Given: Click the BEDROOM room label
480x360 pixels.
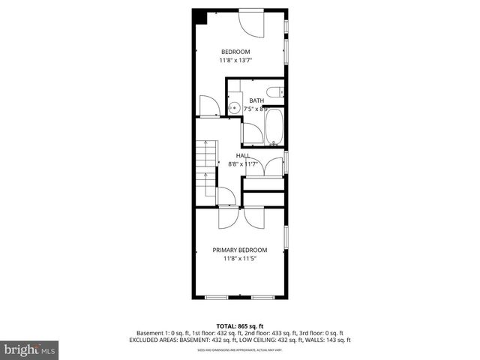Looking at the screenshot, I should click(x=235, y=51).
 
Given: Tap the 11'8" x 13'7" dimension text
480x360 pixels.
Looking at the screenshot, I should click(x=235, y=60).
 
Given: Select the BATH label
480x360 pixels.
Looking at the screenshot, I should click(x=256, y=100).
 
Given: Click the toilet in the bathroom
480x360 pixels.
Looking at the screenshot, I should click(x=276, y=93).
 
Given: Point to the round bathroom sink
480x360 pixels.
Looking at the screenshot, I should click(x=233, y=107).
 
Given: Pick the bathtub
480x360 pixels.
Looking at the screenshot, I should click(x=274, y=127).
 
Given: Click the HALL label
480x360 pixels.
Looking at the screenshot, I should click(x=243, y=155).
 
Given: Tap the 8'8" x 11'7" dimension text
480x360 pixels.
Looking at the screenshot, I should click(x=243, y=163).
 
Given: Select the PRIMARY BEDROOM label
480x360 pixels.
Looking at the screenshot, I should click(x=240, y=250).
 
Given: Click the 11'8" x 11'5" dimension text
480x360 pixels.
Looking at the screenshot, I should click(x=240, y=259).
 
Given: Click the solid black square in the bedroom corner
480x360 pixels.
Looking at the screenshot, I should click(x=199, y=16).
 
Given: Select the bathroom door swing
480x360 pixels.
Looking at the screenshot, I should click(x=252, y=133).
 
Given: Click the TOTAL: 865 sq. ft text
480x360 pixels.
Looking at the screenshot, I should click(x=240, y=325).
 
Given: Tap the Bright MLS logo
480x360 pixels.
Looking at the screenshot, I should click(x=30, y=349).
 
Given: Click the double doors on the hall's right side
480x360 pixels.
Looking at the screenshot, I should click(x=264, y=166).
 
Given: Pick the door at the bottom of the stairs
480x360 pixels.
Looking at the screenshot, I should click(x=226, y=196).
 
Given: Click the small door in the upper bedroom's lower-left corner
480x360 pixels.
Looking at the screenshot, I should click(x=208, y=106).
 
